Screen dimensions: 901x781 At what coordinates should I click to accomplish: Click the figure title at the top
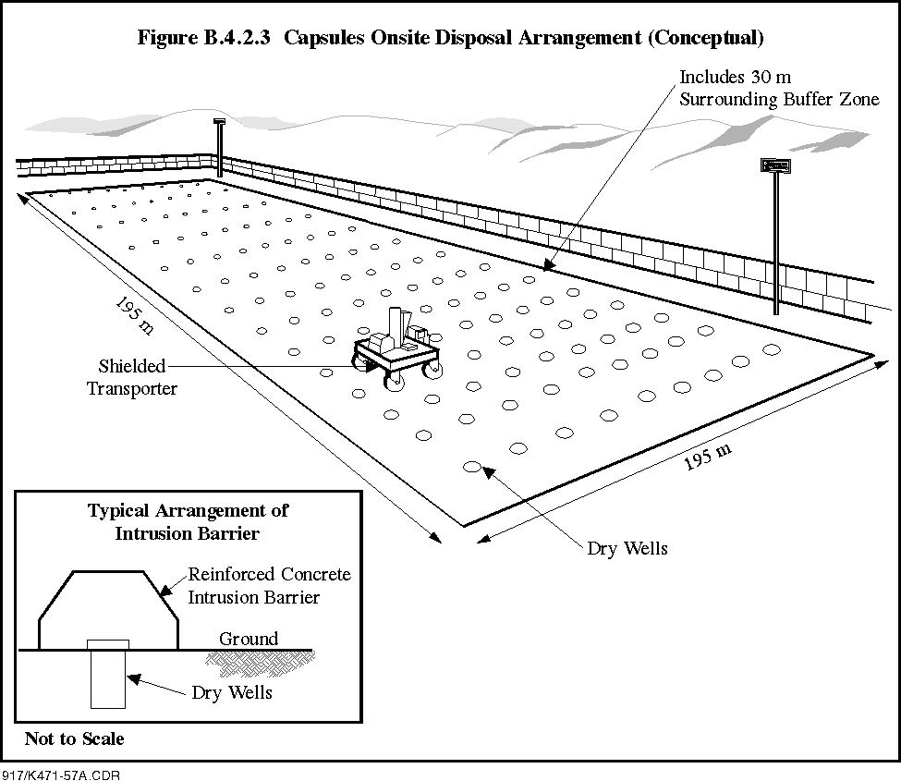click(451, 38)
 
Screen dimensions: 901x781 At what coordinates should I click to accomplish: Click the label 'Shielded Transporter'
click(132, 377)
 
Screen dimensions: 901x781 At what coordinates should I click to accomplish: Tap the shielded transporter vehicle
click(397, 349)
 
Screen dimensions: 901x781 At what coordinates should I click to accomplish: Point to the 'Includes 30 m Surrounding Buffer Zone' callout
click(779, 88)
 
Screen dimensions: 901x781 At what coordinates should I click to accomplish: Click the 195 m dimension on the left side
click(135, 315)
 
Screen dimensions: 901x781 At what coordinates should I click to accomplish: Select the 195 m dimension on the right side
click(707, 457)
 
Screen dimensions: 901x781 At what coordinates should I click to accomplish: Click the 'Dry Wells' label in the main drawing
click(627, 548)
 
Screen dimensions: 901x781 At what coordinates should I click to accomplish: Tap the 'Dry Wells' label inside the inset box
click(232, 692)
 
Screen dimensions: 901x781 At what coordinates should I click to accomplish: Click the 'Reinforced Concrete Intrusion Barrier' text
click(270, 586)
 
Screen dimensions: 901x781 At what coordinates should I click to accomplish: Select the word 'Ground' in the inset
click(249, 639)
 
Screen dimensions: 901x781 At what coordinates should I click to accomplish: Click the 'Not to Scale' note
click(74, 738)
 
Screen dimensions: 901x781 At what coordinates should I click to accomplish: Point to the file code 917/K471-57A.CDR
click(61, 775)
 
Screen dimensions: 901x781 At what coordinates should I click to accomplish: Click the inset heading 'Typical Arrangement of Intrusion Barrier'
click(188, 522)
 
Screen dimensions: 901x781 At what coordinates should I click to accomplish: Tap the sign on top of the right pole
click(775, 165)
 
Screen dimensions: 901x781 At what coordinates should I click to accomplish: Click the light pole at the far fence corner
click(219, 148)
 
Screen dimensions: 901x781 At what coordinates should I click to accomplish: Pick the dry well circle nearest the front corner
click(472, 467)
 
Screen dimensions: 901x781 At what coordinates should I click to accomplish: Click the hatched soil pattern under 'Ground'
click(260, 664)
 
